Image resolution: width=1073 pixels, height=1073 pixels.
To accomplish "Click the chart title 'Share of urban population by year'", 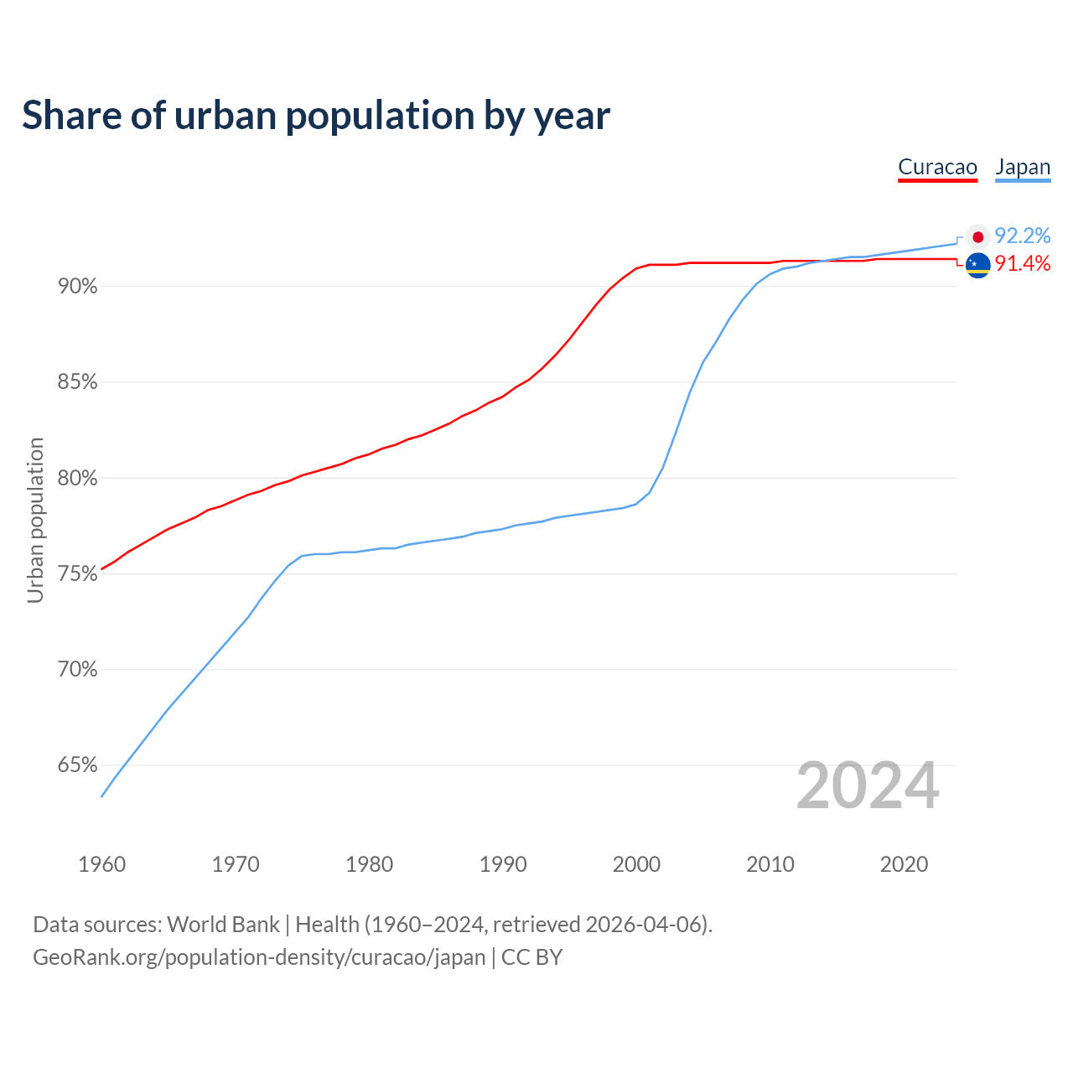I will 316,116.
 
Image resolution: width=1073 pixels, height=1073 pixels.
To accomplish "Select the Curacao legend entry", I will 937,167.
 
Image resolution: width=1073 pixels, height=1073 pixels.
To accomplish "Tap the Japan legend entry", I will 1023,167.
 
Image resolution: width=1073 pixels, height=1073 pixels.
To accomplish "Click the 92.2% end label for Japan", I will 1022,236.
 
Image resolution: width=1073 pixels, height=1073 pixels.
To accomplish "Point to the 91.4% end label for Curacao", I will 1022,264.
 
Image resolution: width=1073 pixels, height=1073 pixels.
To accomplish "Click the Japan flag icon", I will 977,237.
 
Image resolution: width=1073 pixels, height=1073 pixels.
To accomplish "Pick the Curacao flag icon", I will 977,265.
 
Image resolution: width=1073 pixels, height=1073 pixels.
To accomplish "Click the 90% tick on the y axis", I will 77,287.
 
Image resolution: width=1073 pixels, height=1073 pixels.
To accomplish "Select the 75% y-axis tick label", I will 77,574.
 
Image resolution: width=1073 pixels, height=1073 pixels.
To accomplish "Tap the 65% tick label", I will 77,765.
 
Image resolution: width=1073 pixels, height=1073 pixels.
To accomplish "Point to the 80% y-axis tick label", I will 77,479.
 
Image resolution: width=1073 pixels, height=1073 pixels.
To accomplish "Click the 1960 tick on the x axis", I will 101,864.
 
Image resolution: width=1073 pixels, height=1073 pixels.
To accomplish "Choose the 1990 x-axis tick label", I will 503,864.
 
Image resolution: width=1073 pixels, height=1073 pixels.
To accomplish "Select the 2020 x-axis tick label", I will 904,864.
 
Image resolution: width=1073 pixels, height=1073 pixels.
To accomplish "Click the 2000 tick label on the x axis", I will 636,864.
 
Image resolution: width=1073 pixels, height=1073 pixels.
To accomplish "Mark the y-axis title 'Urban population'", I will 35,520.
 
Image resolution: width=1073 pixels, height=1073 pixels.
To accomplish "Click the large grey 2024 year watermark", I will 868,785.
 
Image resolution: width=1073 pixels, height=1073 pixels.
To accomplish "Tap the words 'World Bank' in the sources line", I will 223,925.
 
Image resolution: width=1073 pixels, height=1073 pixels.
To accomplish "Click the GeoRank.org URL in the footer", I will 259,957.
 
